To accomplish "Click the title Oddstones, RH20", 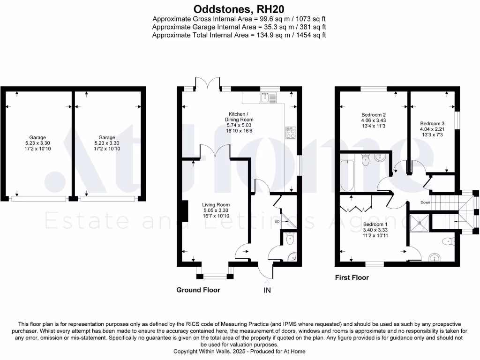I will (x=239, y=9).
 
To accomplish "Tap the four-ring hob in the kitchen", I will (x=290, y=133).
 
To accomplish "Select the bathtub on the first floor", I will (x=347, y=176).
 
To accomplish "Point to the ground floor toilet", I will (x=290, y=240).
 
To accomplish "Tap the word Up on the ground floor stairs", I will (x=277, y=221).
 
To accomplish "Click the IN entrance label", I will (x=267, y=291).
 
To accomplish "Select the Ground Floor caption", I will (x=198, y=290).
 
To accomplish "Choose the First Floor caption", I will (x=352, y=277).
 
